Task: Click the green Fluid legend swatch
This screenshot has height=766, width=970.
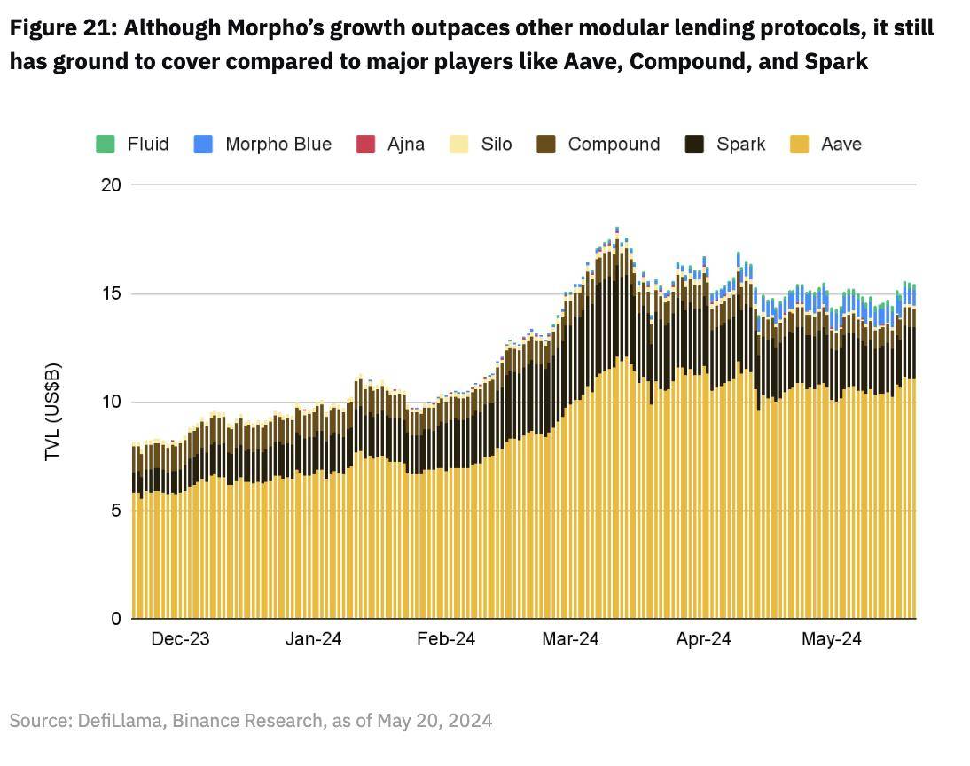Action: (x=106, y=145)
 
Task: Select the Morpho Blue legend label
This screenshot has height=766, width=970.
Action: (x=278, y=145)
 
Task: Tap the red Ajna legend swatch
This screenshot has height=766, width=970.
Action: (x=365, y=145)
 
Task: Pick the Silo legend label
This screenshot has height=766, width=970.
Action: (x=496, y=145)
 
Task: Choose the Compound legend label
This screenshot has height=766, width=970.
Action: (x=614, y=145)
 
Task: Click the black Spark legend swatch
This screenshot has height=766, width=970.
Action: (x=695, y=145)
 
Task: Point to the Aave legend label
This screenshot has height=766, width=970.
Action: (x=841, y=145)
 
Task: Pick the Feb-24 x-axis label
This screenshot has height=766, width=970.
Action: (x=446, y=639)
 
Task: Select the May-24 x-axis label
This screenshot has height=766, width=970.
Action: (x=832, y=639)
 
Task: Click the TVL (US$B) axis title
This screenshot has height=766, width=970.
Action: (x=53, y=411)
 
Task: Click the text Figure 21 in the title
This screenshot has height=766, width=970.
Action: (x=59, y=28)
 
